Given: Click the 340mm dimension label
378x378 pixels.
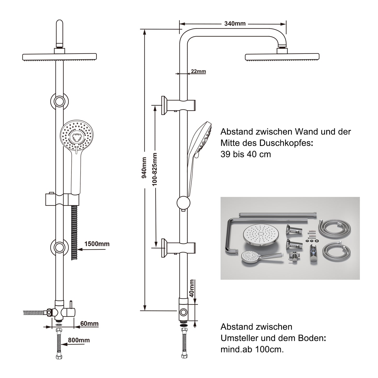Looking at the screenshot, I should tap(235, 24).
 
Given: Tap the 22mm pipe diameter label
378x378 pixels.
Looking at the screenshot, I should tap(198, 71).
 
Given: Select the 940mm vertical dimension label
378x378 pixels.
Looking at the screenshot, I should tap(144, 168).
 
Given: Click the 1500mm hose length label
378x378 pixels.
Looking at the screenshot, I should tap(97, 244).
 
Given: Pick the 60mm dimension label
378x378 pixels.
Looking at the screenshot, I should tap(89, 324).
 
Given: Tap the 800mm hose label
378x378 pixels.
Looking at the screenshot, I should tap(79, 340).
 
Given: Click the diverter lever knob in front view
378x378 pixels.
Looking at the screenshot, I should tap(70, 304).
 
